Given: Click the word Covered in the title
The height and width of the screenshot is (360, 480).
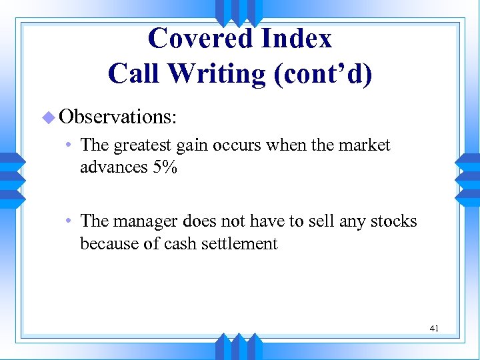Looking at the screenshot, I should [x=201, y=39].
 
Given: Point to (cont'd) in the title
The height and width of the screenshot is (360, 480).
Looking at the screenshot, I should [x=323, y=73].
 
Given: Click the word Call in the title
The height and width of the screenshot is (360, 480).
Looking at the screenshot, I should [x=136, y=73].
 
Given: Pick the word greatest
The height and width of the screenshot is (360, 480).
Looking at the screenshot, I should [x=143, y=146].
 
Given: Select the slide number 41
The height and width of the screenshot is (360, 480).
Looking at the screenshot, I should [x=434, y=327].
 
